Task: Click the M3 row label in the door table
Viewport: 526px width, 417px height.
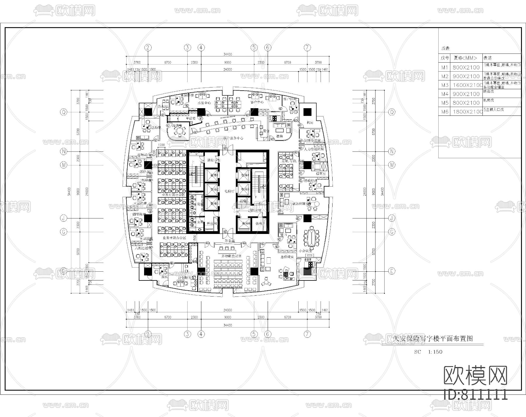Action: [x=444, y=85]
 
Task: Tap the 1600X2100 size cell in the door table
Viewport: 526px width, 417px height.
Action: [x=467, y=85]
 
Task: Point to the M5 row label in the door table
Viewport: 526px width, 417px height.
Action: [x=444, y=103]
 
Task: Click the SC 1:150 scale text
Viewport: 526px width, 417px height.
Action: [x=428, y=352]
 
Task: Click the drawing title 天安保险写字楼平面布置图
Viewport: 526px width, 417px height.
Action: [x=432, y=339]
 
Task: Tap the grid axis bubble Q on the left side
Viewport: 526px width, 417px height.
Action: [x=63, y=112]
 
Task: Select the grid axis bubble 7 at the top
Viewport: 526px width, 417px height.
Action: [x=307, y=47]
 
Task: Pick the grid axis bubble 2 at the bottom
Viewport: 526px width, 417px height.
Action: [x=148, y=334]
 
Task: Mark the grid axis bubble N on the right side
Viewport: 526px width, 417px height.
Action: [x=392, y=151]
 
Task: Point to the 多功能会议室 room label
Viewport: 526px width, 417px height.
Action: [x=231, y=256]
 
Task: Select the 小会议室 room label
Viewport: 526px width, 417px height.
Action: [x=305, y=251]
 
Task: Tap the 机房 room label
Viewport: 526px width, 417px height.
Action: [x=310, y=123]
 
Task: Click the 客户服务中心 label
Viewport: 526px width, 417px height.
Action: [x=233, y=138]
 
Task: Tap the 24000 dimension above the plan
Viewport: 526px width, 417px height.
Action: [x=228, y=70]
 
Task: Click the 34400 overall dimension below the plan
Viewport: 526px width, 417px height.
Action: [x=228, y=325]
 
